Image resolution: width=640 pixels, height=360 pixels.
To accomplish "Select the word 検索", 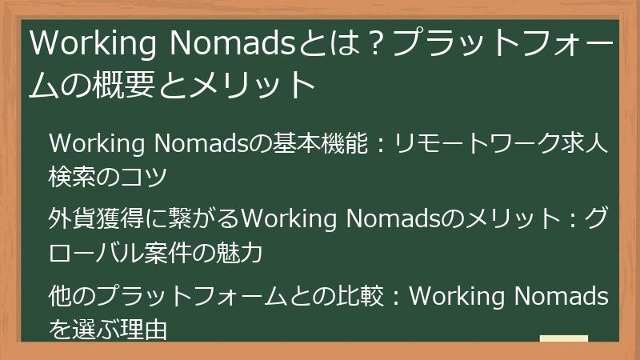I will (74, 176).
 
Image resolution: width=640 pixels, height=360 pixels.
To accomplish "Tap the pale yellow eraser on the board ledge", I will (563, 338).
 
